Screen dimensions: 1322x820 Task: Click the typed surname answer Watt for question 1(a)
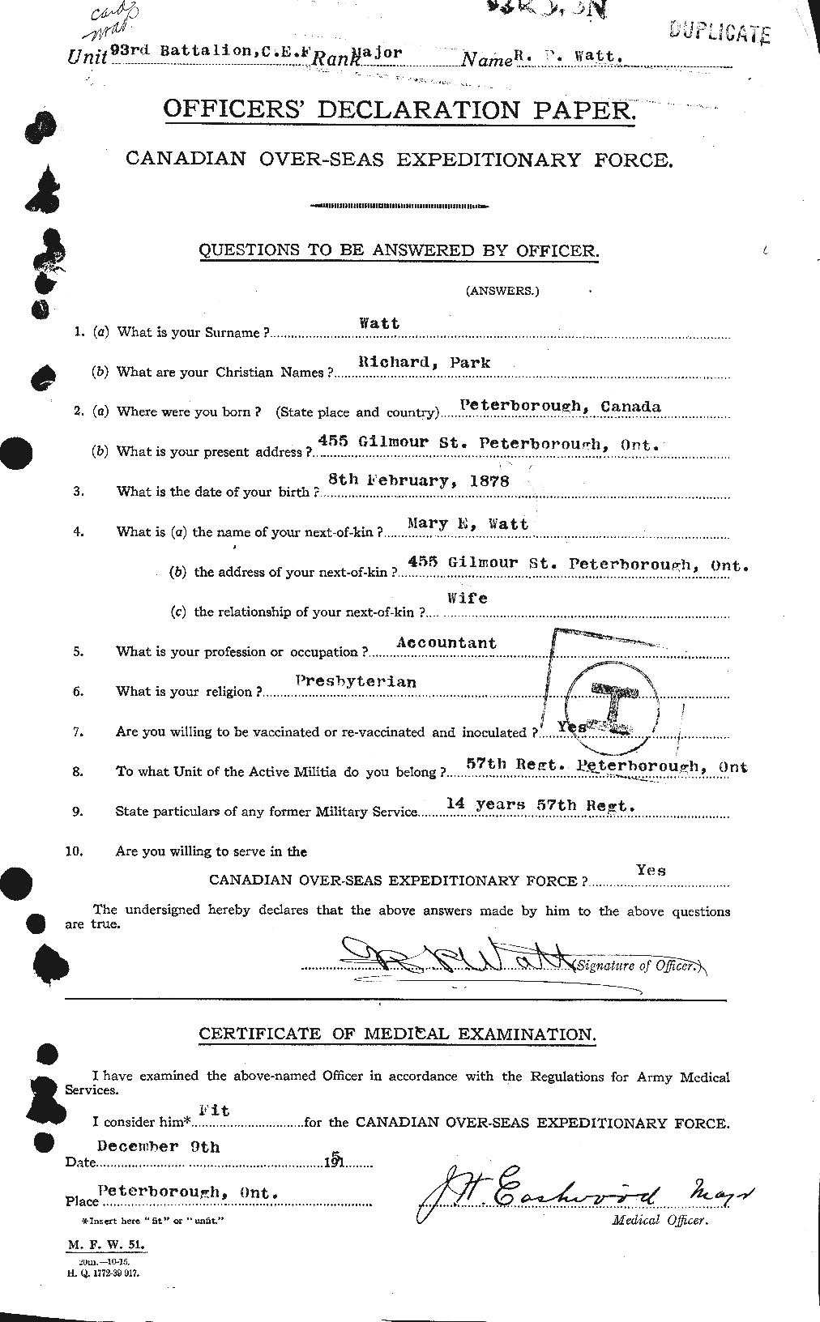[379, 322]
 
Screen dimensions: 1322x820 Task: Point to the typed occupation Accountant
[446, 642]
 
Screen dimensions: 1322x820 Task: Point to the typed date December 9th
[158, 1146]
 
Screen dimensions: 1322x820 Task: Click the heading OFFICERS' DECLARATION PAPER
[399, 109]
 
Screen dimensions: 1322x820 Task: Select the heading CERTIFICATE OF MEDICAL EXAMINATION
[397, 1034]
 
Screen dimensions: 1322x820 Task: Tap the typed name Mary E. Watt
[457, 524]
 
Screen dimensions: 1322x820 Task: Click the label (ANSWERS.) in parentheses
[502, 291]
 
